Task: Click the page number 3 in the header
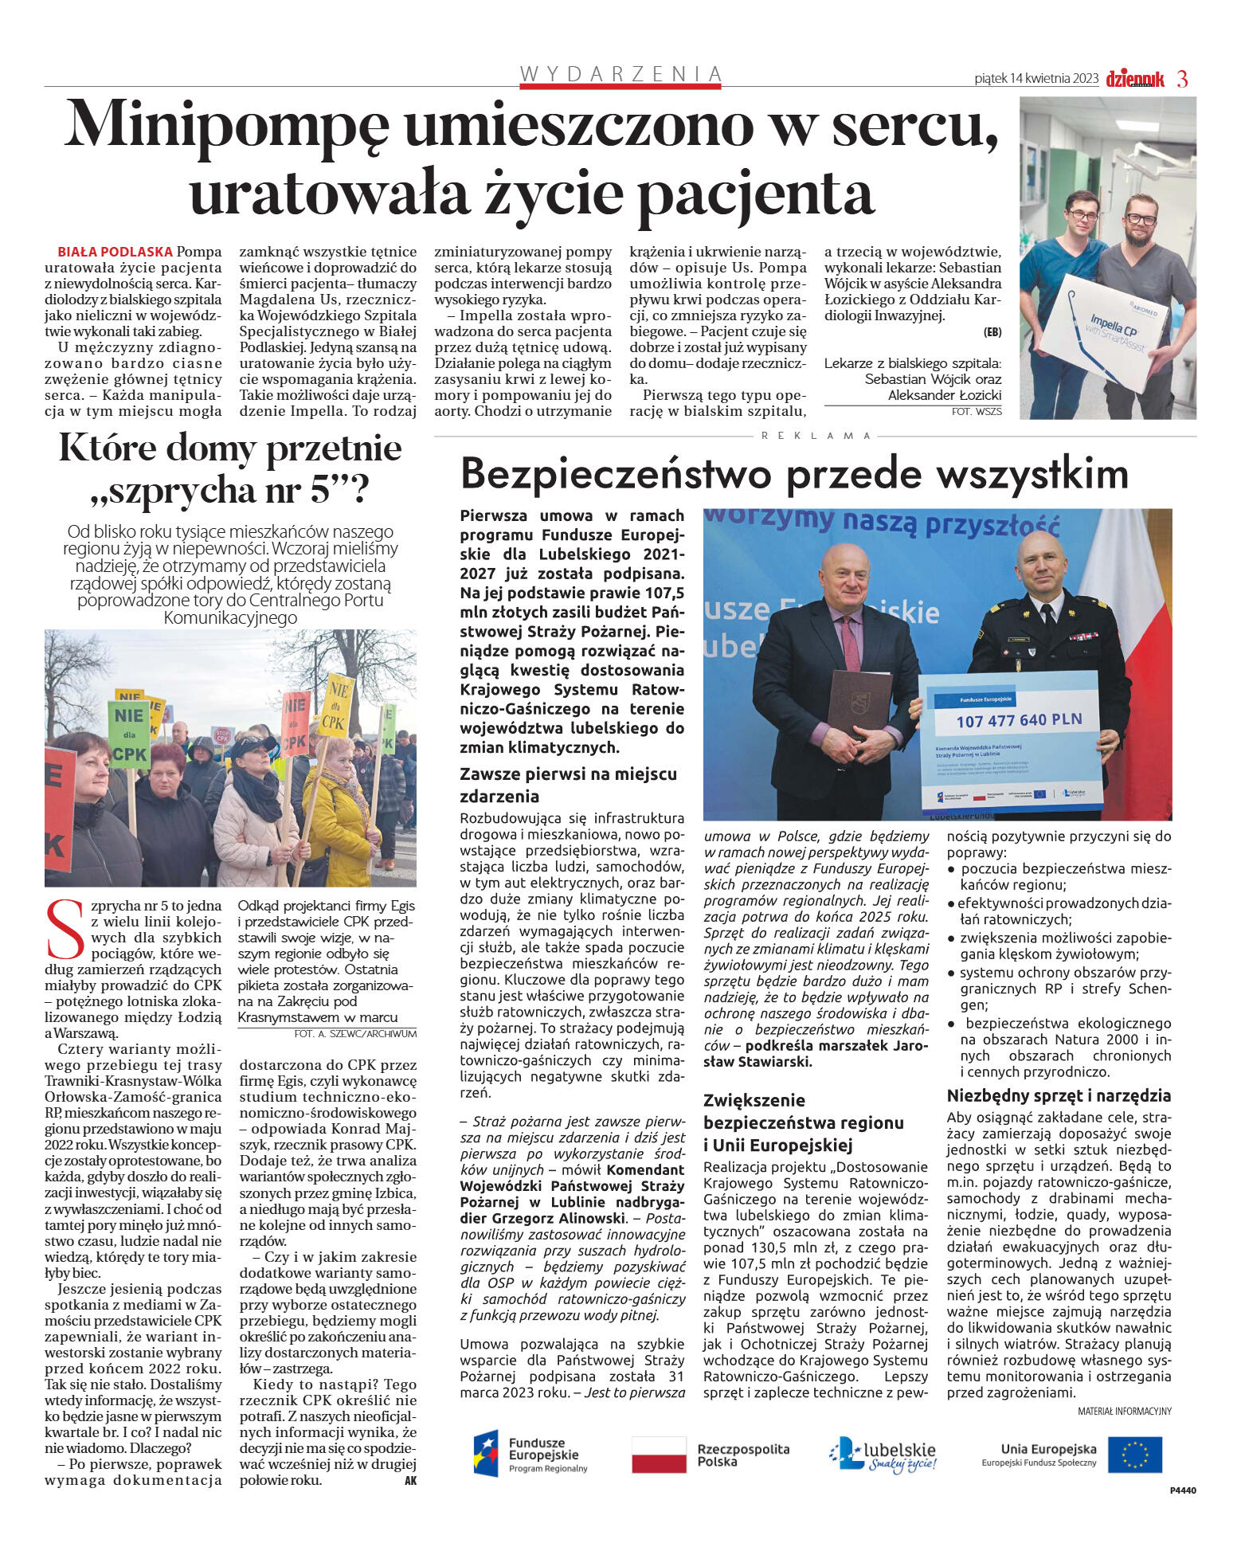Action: coord(1182,79)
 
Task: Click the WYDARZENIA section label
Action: coord(620,74)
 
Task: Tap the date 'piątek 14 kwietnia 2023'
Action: coord(1035,79)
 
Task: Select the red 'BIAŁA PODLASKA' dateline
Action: coord(115,252)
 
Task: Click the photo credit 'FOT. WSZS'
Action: coord(976,412)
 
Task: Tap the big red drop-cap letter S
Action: coord(65,930)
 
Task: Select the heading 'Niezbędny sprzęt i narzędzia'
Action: coord(1059,1095)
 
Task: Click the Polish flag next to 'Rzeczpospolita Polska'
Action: coord(658,1455)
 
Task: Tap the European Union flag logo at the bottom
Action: coord(1134,1455)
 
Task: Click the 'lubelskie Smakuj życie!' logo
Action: coord(883,1455)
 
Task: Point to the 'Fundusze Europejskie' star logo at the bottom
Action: coord(486,1455)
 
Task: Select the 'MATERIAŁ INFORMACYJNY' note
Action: coord(1124,1411)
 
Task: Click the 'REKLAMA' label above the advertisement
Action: coord(816,436)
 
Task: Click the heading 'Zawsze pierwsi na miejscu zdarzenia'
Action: coord(568,785)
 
